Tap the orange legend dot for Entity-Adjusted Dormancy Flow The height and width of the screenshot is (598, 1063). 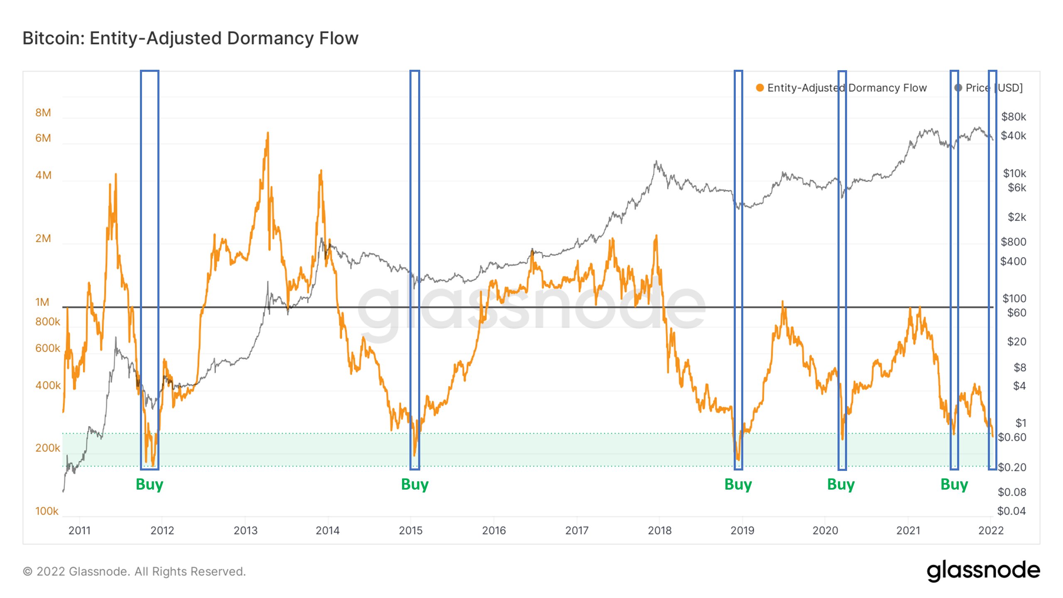pos(759,88)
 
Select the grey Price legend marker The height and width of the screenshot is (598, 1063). pos(958,88)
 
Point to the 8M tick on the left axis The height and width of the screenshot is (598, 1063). pos(43,113)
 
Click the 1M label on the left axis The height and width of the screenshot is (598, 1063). pos(42,302)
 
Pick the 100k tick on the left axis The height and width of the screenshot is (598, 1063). pos(47,511)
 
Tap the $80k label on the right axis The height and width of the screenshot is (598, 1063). pos(1013,117)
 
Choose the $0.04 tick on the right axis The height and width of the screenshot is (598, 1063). pos(1011,511)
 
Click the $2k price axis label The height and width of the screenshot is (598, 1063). pos(1016,217)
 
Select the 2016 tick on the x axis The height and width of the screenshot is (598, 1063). pos(494,530)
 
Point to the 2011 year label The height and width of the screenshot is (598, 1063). pos(79,530)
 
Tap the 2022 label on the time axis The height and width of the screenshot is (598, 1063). pos(991,530)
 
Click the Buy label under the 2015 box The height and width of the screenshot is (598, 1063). pos(414,485)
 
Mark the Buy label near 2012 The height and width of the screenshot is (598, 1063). pos(149,485)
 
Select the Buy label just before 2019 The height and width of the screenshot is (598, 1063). pos(738,485)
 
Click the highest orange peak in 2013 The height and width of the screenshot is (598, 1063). pos(268,133)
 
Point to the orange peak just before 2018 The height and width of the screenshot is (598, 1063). pos(656,236)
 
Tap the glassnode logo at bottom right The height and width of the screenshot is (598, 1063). pos(983,571)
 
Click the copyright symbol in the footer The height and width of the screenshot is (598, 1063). pos(28,572)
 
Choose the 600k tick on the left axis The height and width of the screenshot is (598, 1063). pos(47,348)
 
